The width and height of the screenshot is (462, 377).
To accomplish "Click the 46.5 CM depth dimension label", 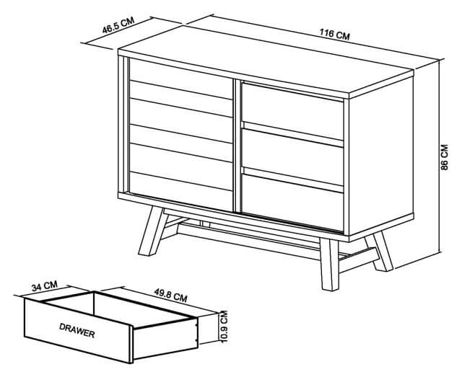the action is coord(118,25).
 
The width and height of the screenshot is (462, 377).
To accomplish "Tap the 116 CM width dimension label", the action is coord(335,34).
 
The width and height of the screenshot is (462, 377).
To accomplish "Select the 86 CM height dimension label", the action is coord(445,157).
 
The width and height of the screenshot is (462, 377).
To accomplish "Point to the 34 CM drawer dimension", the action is coord(45,285).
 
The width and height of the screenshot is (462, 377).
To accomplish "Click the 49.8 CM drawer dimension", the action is coord(170,295).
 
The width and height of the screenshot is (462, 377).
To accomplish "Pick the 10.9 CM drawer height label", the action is coord(225,327).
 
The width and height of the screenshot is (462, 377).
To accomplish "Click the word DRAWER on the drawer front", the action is coord(77,330).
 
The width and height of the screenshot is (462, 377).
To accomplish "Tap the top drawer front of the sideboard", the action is coord(293,111).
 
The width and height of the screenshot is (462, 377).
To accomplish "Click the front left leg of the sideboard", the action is coord(153,231).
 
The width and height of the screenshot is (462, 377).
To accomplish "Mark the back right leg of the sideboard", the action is coord(380,251).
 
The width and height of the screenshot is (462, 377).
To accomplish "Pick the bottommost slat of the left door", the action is coord(181,191).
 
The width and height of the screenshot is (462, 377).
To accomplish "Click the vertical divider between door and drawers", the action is coord(237,146).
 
